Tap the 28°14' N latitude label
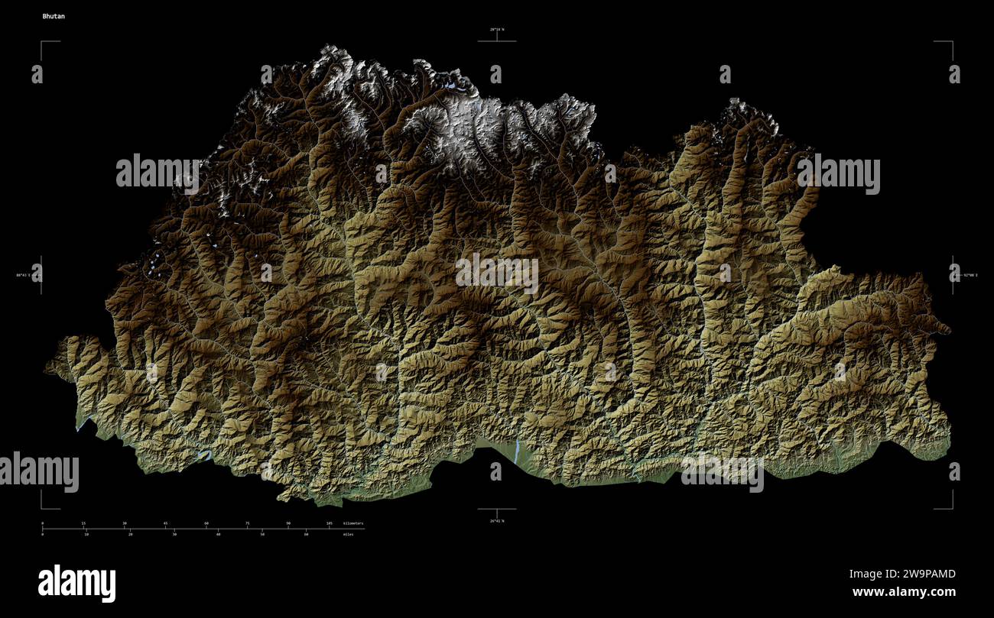497,30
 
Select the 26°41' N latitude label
497,521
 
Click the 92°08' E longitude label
970,274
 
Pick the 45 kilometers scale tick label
165,523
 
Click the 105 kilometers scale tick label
329,523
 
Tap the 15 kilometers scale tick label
83,523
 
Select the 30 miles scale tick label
174,534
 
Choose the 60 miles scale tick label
306,534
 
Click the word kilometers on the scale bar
352,523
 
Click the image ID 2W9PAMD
902,574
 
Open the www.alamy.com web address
903,592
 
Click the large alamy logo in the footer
76,584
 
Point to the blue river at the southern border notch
517,452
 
